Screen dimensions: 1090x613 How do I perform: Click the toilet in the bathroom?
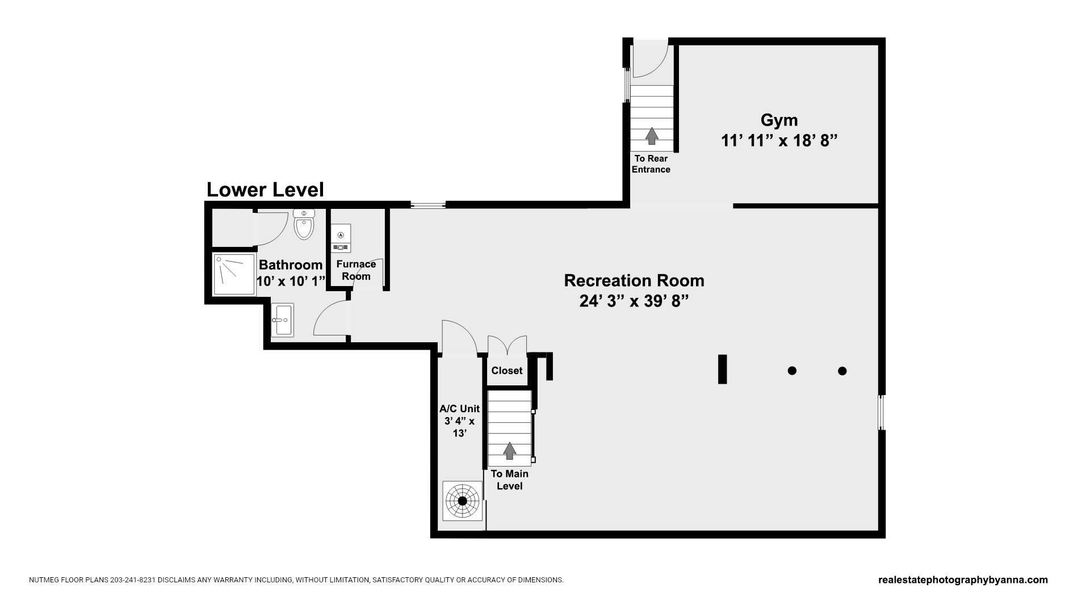[x=304, y=224]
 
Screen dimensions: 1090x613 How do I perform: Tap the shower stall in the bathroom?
[x=234, y=274]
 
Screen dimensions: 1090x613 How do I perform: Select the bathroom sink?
[x=282, y=320]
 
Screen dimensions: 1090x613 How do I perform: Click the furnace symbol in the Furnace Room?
[x=341, y=238]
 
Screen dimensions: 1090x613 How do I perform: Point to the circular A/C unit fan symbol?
[x=462, y=501]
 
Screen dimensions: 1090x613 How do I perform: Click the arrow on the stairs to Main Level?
[x=510, y=451]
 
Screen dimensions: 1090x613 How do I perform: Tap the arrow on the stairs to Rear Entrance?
[x=652, y=136]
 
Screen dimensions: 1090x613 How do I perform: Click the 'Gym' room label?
[x=779, y=120]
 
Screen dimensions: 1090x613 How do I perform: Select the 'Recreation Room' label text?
[x=634, y=280]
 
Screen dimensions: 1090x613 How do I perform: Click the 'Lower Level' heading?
[x=265, y=190]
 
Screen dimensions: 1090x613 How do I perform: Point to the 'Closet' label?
[x=507, y=371]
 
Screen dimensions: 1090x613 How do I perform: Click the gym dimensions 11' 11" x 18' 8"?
[x=779, y=140]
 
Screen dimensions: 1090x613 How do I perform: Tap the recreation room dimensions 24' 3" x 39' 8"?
[x=634, y=301]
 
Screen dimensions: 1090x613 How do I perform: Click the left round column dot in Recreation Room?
[x=792, y=371]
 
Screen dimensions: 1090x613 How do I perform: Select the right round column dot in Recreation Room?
[x=842, y=371]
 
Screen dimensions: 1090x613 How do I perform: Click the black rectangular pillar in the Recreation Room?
[x=723, y=369]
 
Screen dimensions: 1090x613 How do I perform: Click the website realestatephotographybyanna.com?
[x=963, y=580]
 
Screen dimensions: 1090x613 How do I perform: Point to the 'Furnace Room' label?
[x=356, y=270]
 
